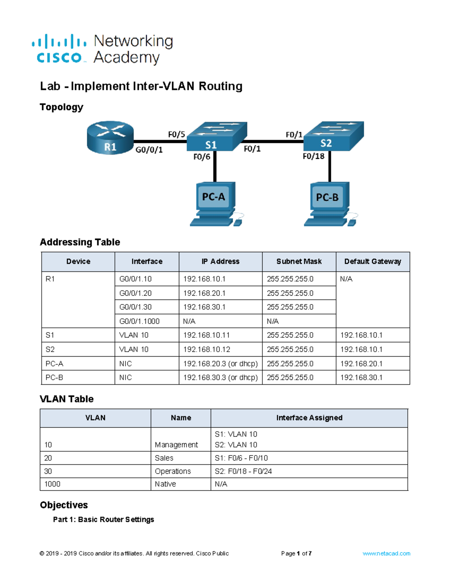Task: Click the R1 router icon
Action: point(110,137)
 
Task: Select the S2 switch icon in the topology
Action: point(333,137)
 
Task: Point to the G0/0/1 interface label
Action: point(149,150)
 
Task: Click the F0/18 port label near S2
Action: point(313,156)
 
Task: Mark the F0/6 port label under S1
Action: point(202,157)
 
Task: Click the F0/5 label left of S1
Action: point(176,134)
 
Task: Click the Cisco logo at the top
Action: point(59,49)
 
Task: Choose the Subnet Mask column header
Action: point(299,262)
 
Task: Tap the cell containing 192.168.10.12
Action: point(207,349)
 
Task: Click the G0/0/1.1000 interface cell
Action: point(139,321)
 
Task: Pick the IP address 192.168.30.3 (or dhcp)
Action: point(220,378)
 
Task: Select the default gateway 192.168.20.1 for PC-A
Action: point(361,364)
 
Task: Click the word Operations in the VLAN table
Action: point(173,471)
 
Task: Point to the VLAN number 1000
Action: point(52,484)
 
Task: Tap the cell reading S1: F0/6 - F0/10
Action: point(241,458)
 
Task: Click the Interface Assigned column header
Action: point(309,418)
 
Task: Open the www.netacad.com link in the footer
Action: point(386,553)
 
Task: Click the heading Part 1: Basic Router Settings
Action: point(103,520)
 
